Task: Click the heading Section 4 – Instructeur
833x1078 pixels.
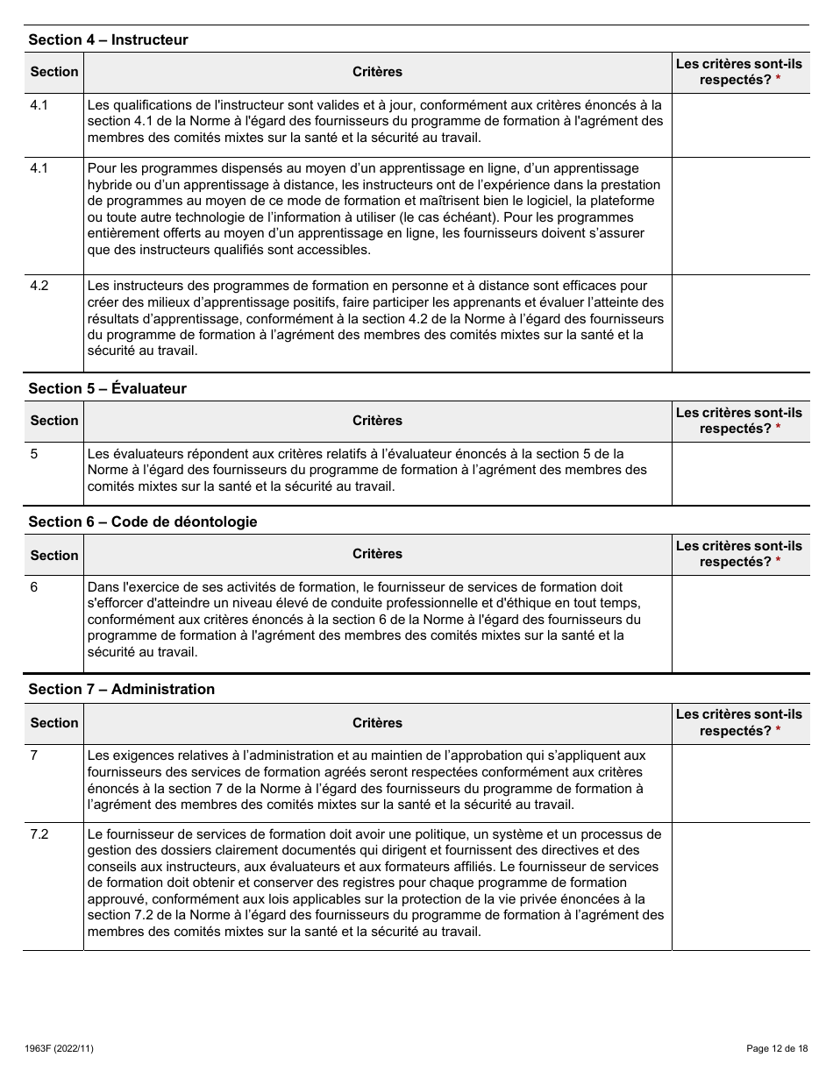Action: pos(108,39)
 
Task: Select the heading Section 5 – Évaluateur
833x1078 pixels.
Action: pos(107,388)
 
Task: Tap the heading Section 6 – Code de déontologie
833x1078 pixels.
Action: pos(143,521)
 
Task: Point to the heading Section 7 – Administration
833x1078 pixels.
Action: pos(121,689)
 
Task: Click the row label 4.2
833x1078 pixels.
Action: pos(39,286)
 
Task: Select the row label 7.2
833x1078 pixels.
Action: pos(39,834)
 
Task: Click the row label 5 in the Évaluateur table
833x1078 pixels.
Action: pos(34,454)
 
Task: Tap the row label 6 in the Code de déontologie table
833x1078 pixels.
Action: pos(34,587)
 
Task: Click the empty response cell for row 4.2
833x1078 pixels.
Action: pos(740,323)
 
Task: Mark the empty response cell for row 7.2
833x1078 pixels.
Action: pos(740,885)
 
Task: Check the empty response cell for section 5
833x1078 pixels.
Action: pos(740,473)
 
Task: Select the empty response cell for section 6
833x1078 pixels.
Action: pos(740,623)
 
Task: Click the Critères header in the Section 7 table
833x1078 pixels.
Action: pos(377,723)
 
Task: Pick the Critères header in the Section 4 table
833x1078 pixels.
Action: pos(377,72)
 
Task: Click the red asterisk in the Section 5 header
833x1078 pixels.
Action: pos(778,429)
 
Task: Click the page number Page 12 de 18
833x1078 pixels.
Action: pos(776,1048)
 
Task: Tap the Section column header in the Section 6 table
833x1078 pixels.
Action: pos(54,555)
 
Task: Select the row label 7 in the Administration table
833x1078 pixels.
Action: pos(34,755)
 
